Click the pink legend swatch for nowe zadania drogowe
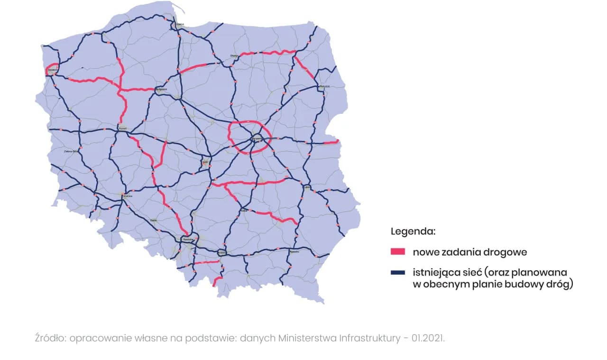tap(397, 252)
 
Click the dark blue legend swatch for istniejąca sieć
tap(397, 272)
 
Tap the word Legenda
tap(413, 232)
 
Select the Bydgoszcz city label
tap(161, 89)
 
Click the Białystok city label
tap(324, 86)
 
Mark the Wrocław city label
tap(127, 195)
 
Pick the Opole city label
tap(153, 220)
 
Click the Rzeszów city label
tap(294, 252)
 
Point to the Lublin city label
tap(307, 187)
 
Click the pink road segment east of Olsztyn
tap(268, 53)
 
